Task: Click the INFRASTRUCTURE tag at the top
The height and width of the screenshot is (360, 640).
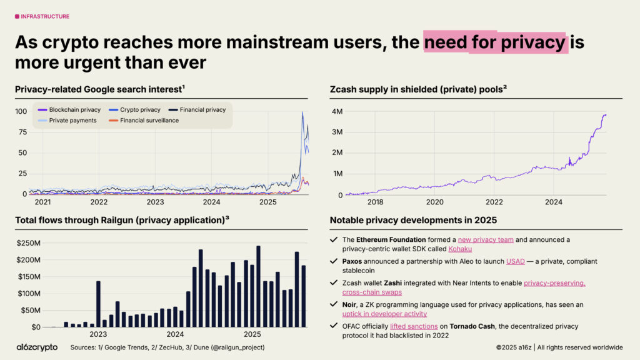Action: click(44, 16)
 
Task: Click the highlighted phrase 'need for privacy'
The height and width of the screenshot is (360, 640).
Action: click(495, 42)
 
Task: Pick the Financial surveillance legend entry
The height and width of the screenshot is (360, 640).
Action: click(149, 120)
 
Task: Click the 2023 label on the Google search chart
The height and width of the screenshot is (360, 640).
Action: click(155, 202)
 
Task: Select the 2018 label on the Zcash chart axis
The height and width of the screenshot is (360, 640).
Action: click(375, 202)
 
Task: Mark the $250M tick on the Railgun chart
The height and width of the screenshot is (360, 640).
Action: click(28, 242)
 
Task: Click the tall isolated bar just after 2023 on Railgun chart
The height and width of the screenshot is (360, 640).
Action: click(98, 304)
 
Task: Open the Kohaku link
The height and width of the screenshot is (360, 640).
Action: click(461, 249)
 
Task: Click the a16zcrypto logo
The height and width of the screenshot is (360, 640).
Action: click(37, 347)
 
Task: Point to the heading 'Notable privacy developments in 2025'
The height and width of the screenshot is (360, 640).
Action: click(413, 220)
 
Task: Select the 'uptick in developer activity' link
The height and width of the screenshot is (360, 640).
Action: click(384, 314)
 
